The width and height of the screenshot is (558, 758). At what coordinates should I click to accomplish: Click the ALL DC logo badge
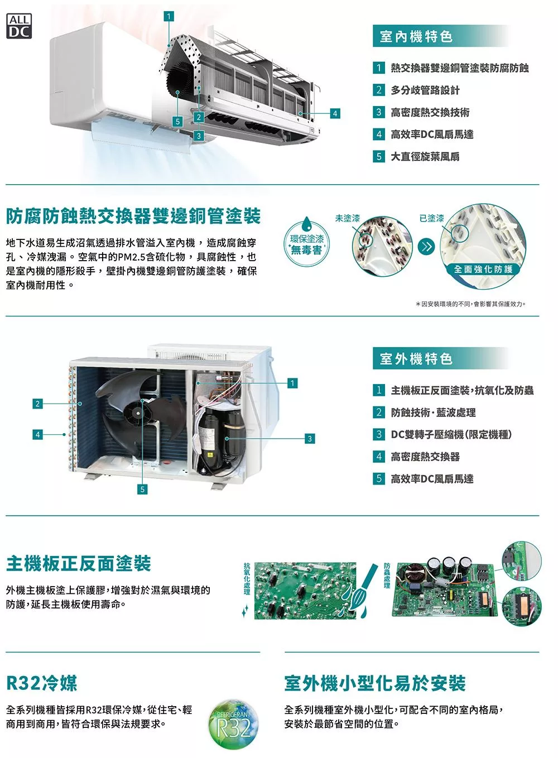tap(19, 26)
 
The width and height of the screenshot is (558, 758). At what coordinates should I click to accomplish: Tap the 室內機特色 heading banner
tap(440, 36)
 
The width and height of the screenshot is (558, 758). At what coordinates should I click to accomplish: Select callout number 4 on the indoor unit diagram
tap(335, 113)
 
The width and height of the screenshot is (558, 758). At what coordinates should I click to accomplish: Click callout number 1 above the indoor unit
tap(169, 17)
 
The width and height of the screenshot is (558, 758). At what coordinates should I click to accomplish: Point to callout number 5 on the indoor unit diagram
tap(177, 121)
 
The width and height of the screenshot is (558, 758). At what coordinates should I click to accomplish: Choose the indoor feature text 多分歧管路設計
tap(425, 90)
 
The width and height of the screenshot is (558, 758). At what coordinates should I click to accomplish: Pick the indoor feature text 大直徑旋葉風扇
tap(425, 157)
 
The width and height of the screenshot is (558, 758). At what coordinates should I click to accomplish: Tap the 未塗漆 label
tap(348, 218)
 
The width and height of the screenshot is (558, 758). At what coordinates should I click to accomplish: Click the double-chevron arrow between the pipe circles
tap(426, 247)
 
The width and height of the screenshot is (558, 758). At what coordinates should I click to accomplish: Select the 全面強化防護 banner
tap(483, 270)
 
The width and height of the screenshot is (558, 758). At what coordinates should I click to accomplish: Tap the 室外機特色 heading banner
tap(440, 358)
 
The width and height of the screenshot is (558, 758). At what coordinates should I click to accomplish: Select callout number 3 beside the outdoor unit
tap(310, 439)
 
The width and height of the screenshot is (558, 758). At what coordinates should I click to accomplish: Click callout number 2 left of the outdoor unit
tap(37, 404)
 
